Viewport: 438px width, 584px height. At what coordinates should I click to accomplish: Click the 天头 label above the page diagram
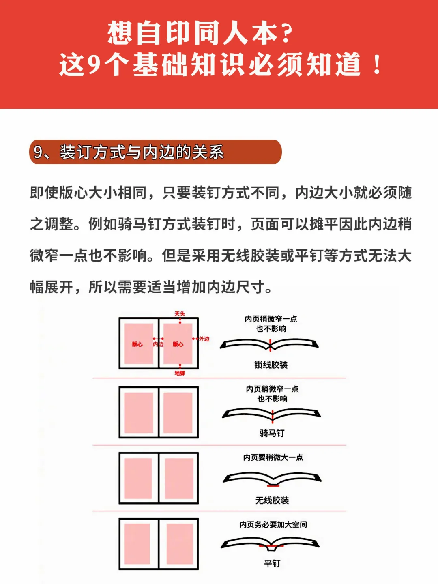click(180, 314)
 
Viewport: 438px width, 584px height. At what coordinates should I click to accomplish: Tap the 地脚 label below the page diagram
click(180, 373)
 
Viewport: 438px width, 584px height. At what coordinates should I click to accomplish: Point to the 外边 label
click(204, 339)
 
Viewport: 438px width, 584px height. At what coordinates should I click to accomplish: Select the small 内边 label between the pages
click(158, 344)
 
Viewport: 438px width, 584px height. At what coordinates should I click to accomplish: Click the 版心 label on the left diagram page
click(137, 344)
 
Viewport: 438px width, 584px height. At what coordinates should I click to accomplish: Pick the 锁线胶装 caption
click(271, 365)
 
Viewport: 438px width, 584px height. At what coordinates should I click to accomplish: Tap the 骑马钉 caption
click(272, 434)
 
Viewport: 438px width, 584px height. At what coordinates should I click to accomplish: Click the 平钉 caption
click(272, 564)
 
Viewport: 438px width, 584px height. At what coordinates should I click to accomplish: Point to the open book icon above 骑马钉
click(272, 414)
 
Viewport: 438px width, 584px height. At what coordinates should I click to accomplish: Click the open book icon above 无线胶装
click(272, 479)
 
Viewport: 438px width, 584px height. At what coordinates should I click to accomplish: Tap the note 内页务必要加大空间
click(273, 525)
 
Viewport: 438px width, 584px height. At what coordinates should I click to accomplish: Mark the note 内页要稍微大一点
click(273, 457)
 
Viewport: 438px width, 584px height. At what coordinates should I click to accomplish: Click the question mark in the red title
click(287, 34)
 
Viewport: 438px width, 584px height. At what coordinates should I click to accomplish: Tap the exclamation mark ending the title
click(377, 65)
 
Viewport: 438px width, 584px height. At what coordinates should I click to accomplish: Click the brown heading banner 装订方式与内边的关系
click(155, 152)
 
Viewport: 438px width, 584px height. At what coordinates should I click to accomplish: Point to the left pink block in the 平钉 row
click(137, 544)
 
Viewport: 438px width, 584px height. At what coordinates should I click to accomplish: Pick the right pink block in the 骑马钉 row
click(178, 412)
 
